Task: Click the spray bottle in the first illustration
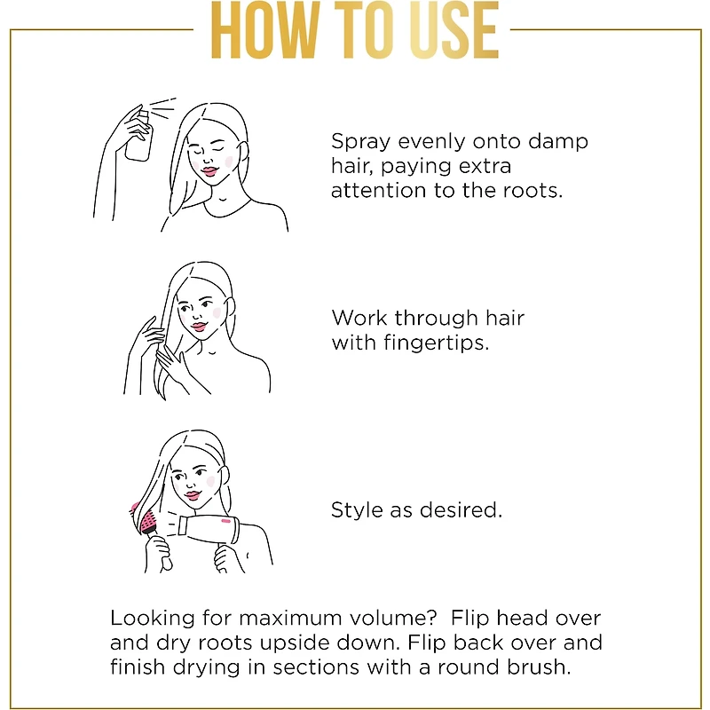coord(139,135)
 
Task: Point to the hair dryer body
coord(209,529)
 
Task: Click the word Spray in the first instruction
coord(360,142)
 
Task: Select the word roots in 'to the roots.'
coord(532,191)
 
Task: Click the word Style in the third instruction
coord(358,510)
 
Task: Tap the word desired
coord(461,510)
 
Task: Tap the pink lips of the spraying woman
coord(209,171)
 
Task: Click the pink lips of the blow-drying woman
coord(193,495)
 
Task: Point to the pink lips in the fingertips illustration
coord(199,327)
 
